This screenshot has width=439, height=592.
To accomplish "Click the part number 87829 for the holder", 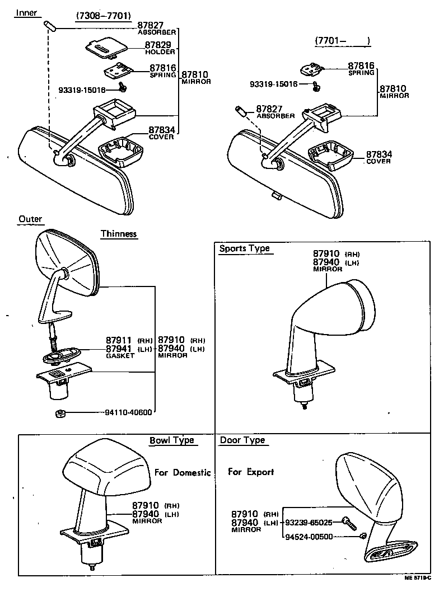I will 158,45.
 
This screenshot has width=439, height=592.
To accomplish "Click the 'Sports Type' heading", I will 244,248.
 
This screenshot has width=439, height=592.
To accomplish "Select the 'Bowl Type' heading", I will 171,440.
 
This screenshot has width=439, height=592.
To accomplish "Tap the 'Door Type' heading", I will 242,440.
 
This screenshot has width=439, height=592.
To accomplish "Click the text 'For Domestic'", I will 183,472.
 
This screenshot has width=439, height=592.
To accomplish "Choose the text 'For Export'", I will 251,472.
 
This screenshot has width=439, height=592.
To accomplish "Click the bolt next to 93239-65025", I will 348,523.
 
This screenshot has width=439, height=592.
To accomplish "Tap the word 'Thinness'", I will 119,234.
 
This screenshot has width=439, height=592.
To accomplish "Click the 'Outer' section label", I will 30,219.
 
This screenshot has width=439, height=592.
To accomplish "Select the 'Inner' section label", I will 26,12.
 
